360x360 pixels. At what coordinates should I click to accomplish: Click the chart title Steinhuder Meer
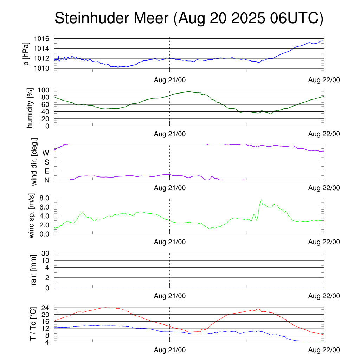[188, 18]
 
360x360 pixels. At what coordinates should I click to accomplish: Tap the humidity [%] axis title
[30, 108]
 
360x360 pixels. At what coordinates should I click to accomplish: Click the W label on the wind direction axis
[46, 153]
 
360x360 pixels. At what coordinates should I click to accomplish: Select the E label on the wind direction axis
[46, 171]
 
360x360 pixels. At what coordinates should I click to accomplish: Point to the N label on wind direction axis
[46, 180]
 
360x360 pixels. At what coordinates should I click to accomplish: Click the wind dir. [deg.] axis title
[34, 162]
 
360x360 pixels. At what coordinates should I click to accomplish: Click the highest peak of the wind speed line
[261, 200]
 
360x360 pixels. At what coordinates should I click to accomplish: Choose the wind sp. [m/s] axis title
[32, 216]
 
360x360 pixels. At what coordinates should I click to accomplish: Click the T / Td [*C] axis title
[33, 324]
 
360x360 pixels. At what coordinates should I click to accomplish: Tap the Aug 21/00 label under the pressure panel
[170, 80]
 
